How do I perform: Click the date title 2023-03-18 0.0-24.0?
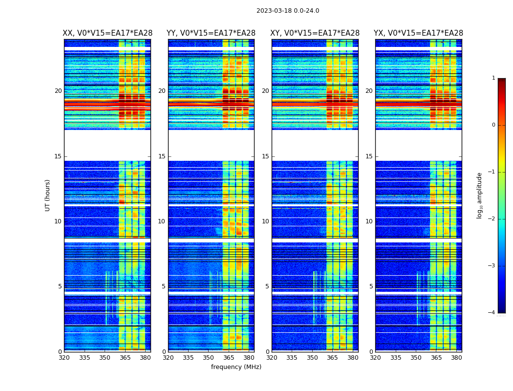(x=288, y=11)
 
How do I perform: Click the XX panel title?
(x=107, y=33)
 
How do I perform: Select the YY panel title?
(x=211, y=33)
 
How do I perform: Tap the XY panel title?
(x=315, y=33)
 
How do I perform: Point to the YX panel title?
(x=419, y=33)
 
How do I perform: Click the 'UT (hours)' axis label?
(x=48, y=195)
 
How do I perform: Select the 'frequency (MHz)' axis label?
(x=236, y=367)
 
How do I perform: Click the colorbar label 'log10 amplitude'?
(x=480, y=195)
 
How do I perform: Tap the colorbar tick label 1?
(x=493, y=78)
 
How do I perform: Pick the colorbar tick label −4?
(x=492, y=313)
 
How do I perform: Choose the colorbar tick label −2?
(x=492, y=219)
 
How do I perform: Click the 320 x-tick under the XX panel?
(x=64, y=358)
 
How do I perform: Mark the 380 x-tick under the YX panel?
(x=456, y=358)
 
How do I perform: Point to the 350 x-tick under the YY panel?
(x=209, y=358)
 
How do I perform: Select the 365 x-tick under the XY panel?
(x=332, y=358)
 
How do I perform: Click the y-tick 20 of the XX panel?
(x=58, y=91)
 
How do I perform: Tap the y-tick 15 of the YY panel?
(x=162, y=156)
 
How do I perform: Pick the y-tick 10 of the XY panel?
(x=265, y=221)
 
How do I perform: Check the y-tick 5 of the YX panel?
(x=371, y=286)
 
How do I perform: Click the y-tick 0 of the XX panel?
(x=60, y=351)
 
